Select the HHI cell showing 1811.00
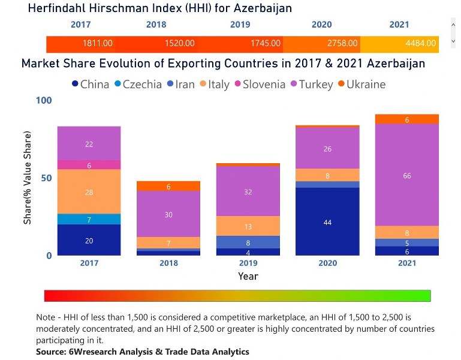point(98,43)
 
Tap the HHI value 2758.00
point(342,43)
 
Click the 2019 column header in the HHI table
point(240,25)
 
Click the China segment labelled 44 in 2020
point(327,222)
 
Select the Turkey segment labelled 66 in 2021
point(407,175)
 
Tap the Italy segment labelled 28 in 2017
point(89,192)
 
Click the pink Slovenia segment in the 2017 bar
point(89,165)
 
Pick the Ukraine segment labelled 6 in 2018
point(168,186)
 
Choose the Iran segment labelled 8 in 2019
point(248,242)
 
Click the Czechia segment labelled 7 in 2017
point(89,220)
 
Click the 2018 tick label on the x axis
point(168,263)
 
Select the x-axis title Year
point(248,276)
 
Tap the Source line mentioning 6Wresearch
point(142,351)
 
